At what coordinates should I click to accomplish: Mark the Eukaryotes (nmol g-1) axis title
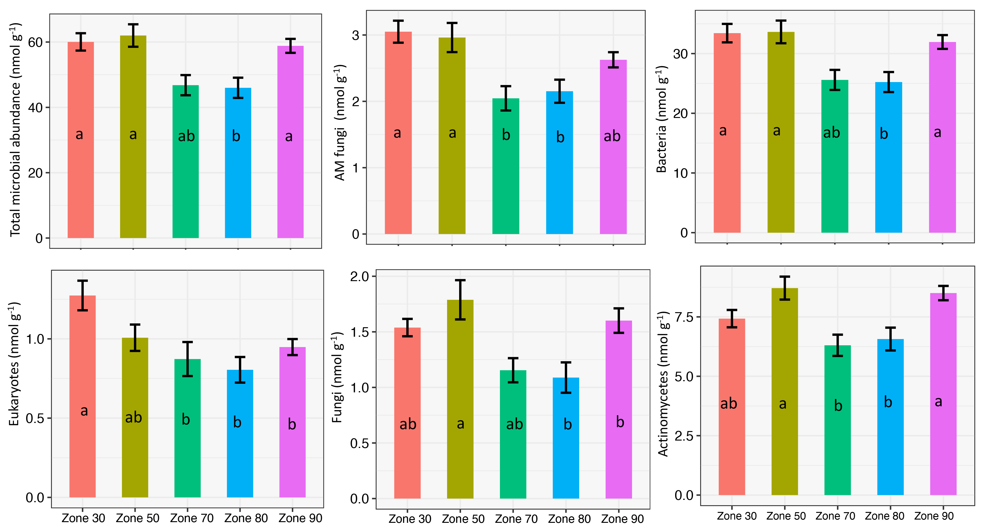coord(14,364)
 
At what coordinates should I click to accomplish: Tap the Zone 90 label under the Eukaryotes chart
coord(300,518)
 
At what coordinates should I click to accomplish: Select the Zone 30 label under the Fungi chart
coord(410,519)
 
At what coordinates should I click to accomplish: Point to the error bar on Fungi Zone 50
coord(460,300)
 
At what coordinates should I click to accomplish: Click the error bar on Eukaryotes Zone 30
coord(82,295)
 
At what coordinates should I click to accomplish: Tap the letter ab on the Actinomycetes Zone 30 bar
coord(728,404)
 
